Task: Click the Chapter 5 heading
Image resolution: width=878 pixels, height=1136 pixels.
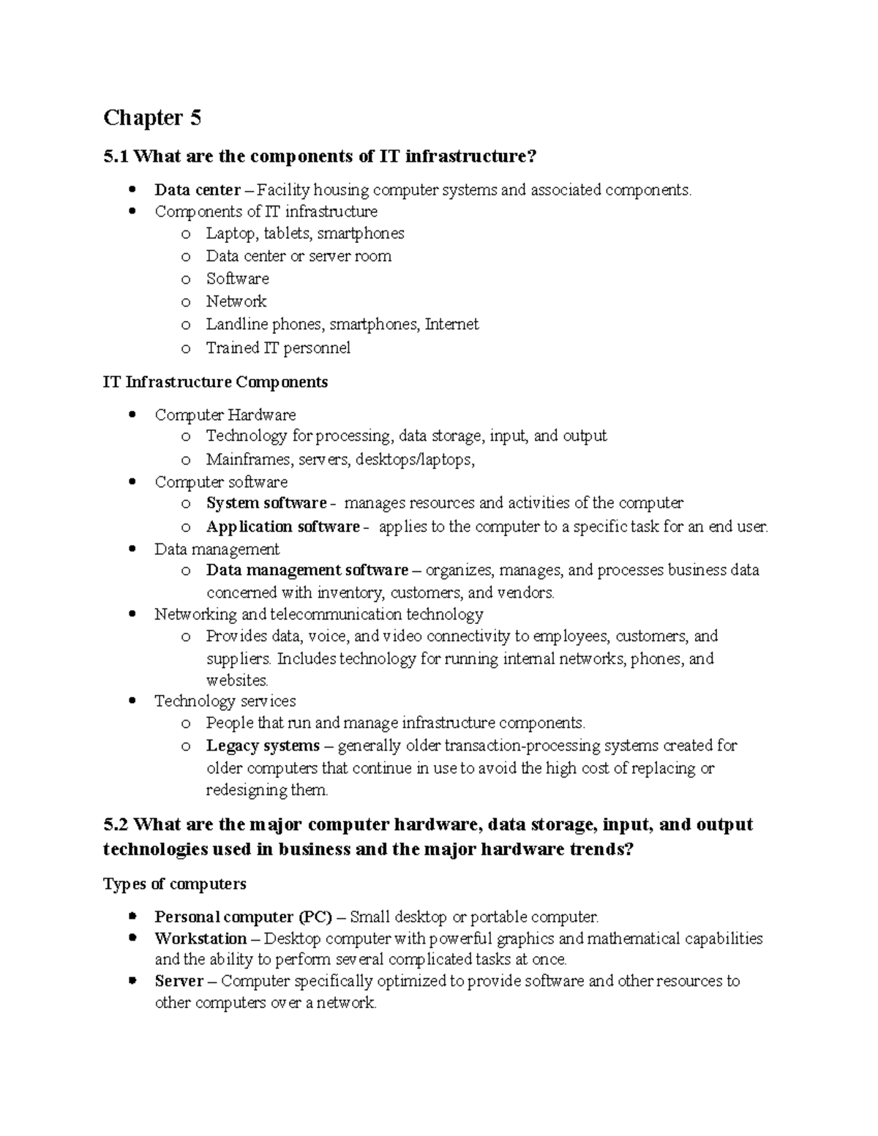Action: click(152, 118)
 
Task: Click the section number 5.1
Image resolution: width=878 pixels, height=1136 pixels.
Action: click(116, 156)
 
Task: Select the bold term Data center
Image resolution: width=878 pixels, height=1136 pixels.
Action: click(197, 190)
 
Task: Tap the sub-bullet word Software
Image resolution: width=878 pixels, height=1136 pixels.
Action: click(237, 279)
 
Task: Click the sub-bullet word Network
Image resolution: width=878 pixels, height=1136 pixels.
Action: click(236, 301)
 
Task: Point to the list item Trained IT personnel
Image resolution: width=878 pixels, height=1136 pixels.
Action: click(278, 347)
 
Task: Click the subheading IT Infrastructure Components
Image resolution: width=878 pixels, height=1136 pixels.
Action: click(215, 382)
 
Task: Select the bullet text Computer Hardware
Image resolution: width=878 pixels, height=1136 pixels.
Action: click(225, 415)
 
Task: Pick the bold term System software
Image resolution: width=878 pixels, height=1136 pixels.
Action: click(266, 503)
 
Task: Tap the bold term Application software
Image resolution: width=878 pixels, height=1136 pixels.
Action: click(282, 527)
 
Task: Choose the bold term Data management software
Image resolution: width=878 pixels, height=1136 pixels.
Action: click(307, 570)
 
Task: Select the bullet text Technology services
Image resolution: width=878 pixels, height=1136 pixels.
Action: click(225, 701)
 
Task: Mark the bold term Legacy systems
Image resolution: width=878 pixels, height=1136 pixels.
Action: click(263, 745)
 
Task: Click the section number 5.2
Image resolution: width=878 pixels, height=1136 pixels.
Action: click(116, 824)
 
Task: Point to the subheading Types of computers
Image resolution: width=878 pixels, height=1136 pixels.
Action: click(174, 884)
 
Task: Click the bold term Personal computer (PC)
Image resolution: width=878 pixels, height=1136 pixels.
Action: click(243, 917)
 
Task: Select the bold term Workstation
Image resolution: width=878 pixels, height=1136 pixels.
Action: click(200, 938)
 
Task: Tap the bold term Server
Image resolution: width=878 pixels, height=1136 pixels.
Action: click(179, 981)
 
